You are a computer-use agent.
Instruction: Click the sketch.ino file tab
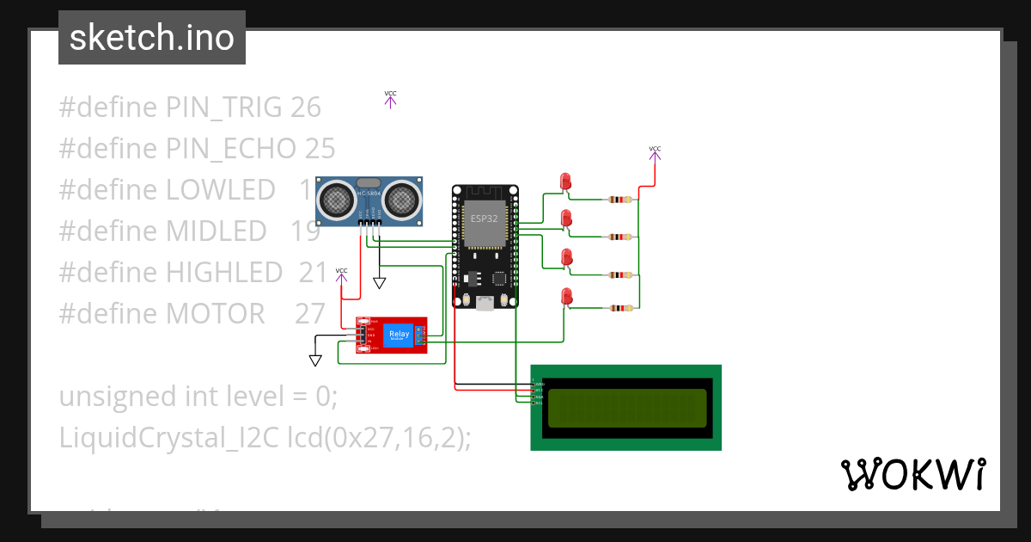coord(151,38)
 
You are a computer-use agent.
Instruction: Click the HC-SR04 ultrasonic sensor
coord(369,201)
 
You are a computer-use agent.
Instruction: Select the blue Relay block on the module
coord(399,335)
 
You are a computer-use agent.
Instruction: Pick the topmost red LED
coord(565,182)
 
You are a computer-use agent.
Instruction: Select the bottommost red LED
coord(565,296)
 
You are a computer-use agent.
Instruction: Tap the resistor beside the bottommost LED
coord(619,308)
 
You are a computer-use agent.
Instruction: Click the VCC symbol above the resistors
coord(655,152)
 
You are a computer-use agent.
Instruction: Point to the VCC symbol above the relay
coord(341,274)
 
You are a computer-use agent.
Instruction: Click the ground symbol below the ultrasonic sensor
coord(379,282)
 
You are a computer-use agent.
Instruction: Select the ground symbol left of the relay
coord(315,360)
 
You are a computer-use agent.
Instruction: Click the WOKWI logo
coord(912,474)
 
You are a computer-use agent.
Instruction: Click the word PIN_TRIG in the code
coord(223,108)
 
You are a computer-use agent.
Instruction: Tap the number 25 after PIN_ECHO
coord(320,149)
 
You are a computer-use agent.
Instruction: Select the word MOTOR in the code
coord(215,314)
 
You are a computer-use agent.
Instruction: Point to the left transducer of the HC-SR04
coord(336,200)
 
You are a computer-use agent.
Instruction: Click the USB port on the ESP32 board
coord(485,302)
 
